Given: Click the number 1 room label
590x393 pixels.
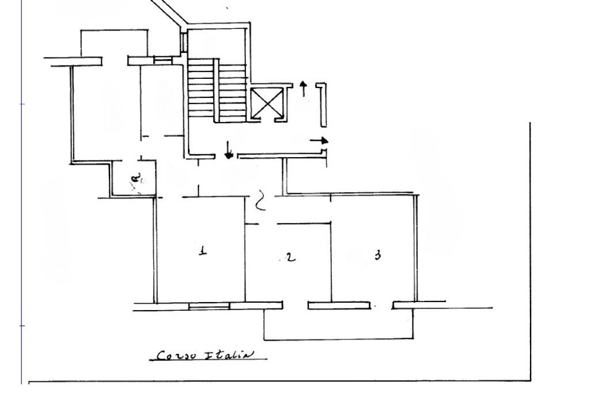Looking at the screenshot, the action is (202, 251).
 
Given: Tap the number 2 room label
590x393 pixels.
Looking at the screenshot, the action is (291, 257).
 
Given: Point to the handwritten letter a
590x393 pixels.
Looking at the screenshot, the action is (137, 182).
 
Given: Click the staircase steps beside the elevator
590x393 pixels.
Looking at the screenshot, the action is (201, 92).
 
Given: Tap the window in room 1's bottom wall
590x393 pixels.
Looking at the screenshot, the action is (209, 307).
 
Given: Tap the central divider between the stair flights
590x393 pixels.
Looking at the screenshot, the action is (217, 90).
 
